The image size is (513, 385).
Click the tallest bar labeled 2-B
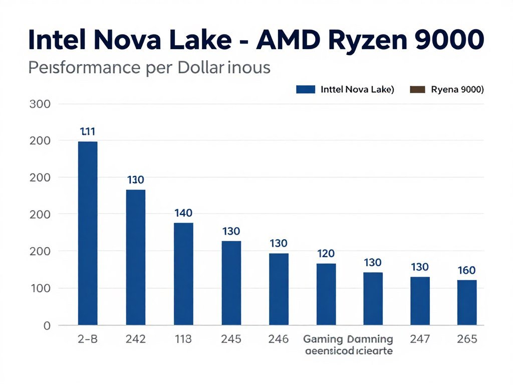[88, 233]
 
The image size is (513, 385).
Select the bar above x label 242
[136, 257]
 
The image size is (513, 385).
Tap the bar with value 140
[183, 273]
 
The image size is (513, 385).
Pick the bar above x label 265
[467, 302]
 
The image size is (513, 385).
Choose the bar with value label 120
[326, 294]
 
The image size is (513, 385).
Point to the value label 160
[466, 271]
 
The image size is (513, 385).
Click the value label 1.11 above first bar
[88, 132]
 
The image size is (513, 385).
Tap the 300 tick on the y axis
[41, 104]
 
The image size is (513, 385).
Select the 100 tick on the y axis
[41, 288]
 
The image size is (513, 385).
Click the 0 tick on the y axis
[47, 325]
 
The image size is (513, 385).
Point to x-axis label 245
[231, 339]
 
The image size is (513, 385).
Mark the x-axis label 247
[419, 339]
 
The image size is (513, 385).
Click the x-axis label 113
[183, 339]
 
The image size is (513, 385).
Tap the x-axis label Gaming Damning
[348, 339]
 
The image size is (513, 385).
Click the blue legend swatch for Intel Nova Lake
[306, 90]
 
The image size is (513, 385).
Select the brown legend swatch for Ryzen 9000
[417, 90]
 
